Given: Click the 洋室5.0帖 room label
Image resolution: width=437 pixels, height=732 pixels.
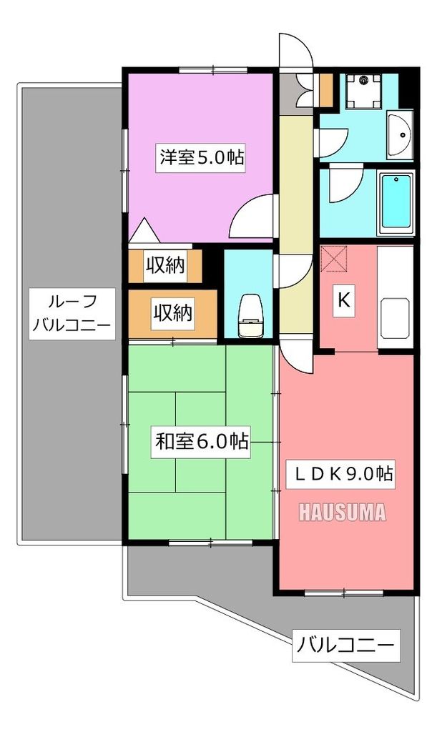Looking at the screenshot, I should coord(202,158).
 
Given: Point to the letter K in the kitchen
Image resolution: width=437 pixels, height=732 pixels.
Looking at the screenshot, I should coord(343,301).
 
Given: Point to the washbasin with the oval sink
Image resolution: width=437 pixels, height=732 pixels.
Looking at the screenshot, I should coord(399,135).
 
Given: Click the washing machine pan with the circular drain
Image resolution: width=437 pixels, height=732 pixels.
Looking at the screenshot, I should coord(365,90).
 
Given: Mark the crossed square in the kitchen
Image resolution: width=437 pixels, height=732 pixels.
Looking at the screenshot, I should coord(334,259).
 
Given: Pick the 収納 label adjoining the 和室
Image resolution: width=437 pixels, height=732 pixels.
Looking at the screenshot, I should coord(172,313).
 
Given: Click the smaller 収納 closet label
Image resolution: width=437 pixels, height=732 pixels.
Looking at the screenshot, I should coord(166,265).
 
